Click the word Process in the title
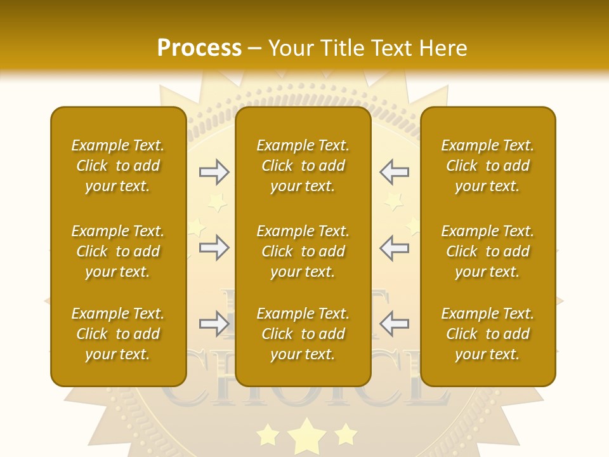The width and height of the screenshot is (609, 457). tap(199, 48)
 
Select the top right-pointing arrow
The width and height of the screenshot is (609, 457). tap(214, 171)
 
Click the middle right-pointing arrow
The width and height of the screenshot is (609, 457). tap(214, 248)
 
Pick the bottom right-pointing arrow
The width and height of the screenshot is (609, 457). tap(214, 324)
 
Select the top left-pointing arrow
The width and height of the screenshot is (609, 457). tap(394, 171)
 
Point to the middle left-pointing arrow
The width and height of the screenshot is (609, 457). tap(394, 248)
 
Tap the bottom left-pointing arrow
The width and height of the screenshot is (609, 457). tap(394, 324)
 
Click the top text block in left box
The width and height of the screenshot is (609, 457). tap(118, 166)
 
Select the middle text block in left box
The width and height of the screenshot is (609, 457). tap(118, 251)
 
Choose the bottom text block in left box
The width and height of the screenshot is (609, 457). tap(118, 334)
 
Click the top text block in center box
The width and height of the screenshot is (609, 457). tap(303, 166)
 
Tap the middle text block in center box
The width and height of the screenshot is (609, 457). tap(303, 251)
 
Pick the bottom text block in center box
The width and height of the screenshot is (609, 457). tap(303, 334)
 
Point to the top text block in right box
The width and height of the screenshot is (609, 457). tap(487, 166)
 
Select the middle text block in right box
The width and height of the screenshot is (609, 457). tap(487, 251)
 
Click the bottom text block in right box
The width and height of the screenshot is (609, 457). tap(487, 334)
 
